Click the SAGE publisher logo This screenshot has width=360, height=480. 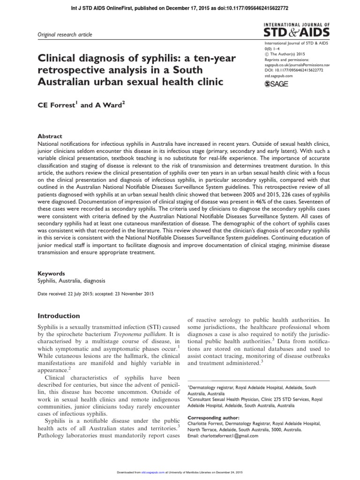point(277,83)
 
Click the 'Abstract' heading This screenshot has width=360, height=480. point(49,136)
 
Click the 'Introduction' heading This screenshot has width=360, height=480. point(59,316)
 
